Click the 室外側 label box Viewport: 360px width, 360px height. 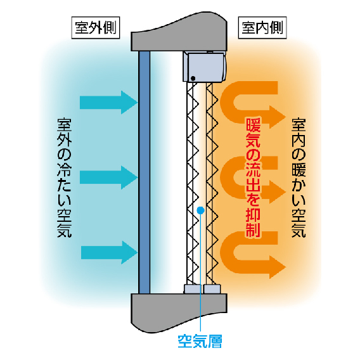pos(96,27)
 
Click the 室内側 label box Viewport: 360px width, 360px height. pos(262,27)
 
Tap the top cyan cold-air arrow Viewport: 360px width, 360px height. pos(108,103)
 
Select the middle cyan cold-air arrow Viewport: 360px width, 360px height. pos(108,177)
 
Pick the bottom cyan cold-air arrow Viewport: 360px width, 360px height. pos(109,252)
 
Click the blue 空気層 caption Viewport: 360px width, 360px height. pos(200,342)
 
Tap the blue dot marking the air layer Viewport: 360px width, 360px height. pos(201,210)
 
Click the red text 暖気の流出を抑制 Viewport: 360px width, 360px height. pos(253,177)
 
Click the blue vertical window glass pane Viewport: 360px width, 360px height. pos(144,172)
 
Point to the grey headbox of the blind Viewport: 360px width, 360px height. pos(204,67)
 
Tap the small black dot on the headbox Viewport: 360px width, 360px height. pos(193,79)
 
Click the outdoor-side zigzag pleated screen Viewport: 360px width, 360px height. pos(193,184)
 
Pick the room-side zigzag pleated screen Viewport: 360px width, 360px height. pos(212,184)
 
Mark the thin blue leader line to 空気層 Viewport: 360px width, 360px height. pos(201,272)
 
